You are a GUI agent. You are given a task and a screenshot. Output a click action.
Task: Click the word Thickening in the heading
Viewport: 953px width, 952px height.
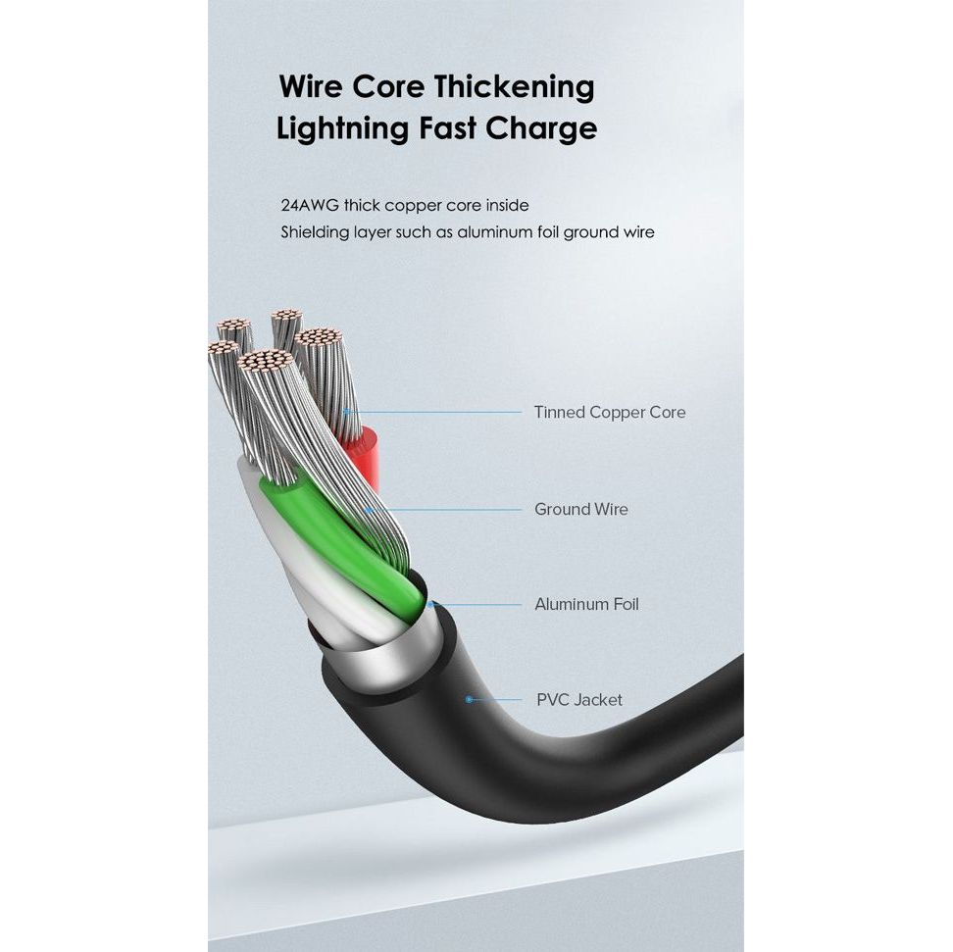tap(515, 87)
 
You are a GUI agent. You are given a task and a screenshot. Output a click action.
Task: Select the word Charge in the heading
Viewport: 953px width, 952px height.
tap(543, 129)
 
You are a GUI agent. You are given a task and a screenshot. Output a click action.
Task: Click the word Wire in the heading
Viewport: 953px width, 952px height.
tap(311, 86)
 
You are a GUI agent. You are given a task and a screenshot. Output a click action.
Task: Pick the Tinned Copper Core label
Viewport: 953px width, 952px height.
tap(609, 413)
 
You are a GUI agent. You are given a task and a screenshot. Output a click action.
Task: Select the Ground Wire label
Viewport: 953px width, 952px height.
tap(580, 509)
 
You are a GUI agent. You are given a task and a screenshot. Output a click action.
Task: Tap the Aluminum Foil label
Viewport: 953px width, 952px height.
tap(585, 604)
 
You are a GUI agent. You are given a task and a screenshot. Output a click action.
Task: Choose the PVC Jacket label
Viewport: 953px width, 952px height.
tap(578, 700)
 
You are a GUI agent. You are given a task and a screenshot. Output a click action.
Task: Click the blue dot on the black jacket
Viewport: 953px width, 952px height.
tap(470, 699)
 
